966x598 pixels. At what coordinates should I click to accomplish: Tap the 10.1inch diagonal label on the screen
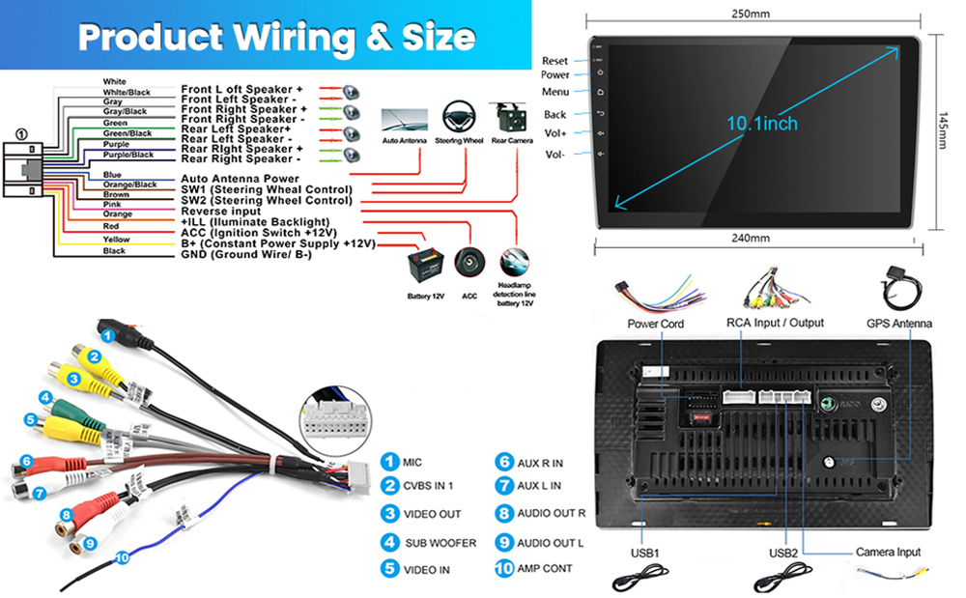pos(762,124)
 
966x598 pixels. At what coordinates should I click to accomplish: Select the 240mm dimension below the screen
pos(752,238)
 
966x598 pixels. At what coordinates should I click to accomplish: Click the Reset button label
pos(554,61)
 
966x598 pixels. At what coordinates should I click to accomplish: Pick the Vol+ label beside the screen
pos(555,133)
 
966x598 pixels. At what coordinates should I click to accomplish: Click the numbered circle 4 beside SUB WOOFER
pos(389,543)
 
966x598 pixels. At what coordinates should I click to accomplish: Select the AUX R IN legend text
pos(540,462)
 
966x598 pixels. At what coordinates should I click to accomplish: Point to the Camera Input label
pos(888,552)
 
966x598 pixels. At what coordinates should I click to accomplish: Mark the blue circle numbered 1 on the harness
pos(108,336)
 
